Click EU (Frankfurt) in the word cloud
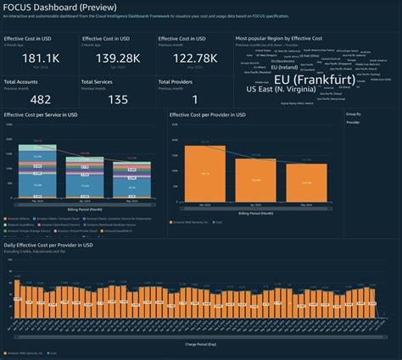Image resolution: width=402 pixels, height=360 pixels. tap(314, 79)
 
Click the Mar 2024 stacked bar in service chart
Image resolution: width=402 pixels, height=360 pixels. tap(38, 170)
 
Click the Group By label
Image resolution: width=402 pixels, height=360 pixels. tap(354, 113)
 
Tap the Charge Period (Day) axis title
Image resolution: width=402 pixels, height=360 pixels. tap(201, 344)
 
